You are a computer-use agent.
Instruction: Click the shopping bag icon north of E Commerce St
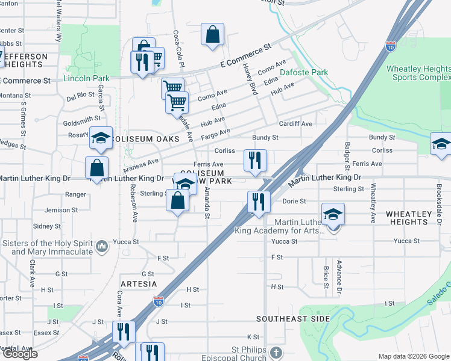[212, 35]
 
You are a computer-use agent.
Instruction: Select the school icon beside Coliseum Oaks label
[101, 138]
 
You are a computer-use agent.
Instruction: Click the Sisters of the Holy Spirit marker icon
[102, 245]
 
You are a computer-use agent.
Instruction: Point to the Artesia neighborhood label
[139, 283]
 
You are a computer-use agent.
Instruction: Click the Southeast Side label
[292, 318]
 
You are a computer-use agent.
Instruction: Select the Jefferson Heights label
[24, 60]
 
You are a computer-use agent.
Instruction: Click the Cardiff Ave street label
[295, 123]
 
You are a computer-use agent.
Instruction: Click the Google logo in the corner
[20, 354]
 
